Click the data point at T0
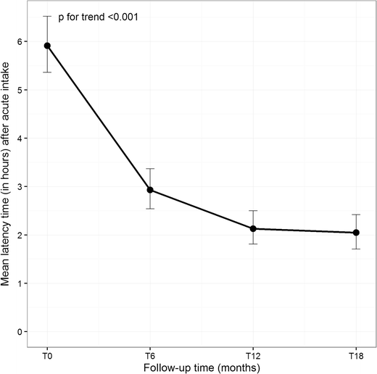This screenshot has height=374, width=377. coord(47,46)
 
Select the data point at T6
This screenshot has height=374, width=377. coord(150,190)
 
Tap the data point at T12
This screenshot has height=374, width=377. coord(253,228)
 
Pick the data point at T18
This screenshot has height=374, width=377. coord(356,233)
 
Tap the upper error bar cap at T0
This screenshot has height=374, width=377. coord(47,16)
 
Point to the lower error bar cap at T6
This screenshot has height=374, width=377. coord(150,209)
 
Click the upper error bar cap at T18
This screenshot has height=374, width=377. coord(356,215)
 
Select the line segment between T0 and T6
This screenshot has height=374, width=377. coord(99,118)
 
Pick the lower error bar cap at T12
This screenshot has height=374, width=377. coord(253,244)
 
